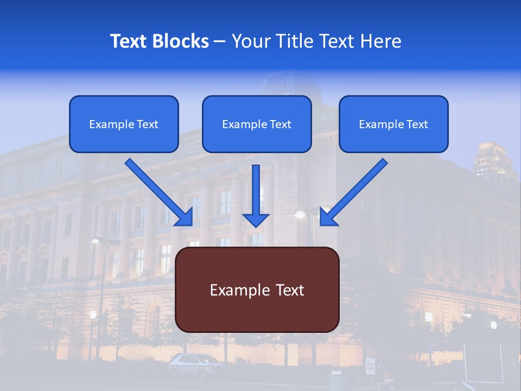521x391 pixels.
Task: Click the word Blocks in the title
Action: pyautogui.click(x=181, y=41)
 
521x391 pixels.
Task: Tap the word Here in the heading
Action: pyautogui.click(x=380, y=41)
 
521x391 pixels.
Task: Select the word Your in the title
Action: pyautogui.click(x=251, y=41)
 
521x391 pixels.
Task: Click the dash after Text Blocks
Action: pyautogui.click(x=220, y=42)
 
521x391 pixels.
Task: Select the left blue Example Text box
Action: pyautogui.click(x=124, y=124)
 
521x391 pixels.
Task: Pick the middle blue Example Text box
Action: pyautogui.click(x=257, y=124)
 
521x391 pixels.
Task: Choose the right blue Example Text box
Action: pyautogui.click(x=393, y=124)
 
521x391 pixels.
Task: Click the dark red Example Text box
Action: pyautogui.click(x=257, y=289)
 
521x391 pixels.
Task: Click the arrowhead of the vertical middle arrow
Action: pyautogui.click(x=256, y=219)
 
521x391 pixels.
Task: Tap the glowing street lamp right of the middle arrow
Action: pyautogui.click(x=300, y=215)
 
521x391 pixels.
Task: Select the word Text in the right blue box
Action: pyautogui.click(x=417, y=124)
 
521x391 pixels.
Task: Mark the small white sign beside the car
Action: pyautogui.click(x=370, y=366)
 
